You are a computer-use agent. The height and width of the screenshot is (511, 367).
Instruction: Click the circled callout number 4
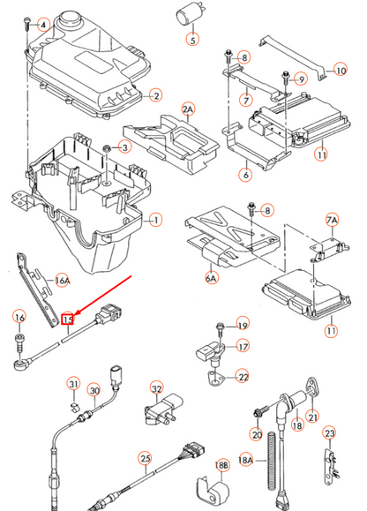41,26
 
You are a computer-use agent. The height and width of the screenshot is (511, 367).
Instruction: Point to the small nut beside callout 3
107,147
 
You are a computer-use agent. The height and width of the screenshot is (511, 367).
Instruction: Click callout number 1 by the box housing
156,218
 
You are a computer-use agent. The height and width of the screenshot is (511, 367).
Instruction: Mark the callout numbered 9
301,79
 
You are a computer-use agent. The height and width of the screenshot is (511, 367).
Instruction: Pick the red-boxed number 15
68,318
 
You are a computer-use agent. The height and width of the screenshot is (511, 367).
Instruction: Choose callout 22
243,377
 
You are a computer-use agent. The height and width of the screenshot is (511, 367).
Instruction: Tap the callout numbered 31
75,383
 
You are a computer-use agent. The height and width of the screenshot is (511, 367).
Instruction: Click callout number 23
329,433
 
